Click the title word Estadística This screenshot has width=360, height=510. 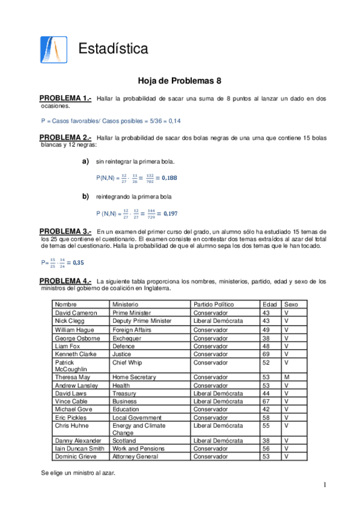tap(113, 49)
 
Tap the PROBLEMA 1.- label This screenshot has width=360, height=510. tap(65, 98)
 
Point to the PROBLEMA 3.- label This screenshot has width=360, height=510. tap(65, 232)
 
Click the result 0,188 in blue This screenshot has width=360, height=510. tap(168, 178)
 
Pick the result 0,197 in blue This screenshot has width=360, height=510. tap(168, 214)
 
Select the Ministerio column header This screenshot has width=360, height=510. tap(125, 305)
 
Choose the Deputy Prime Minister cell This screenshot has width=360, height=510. tap(142, 321)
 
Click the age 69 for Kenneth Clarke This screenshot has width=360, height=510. tap(266, 355)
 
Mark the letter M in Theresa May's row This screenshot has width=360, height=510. tap(287, 377)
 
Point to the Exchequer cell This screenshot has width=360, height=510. tap(127, 339)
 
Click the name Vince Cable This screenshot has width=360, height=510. tap(71, 401)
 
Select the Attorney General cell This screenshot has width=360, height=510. tap(135, 456)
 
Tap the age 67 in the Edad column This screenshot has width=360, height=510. tap(266, 401)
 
